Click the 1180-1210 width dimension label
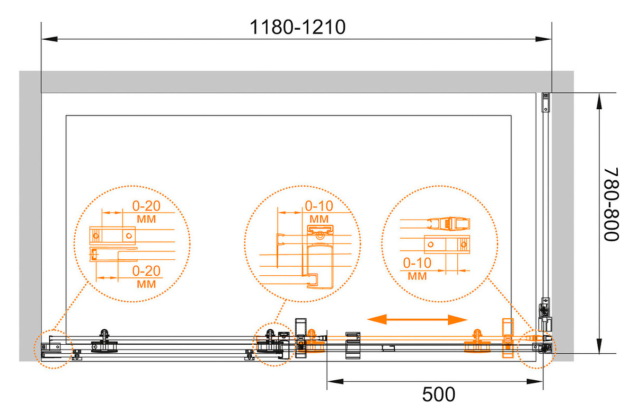click(297, 28)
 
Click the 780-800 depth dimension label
click(611, 205)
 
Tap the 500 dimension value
click(439, 395)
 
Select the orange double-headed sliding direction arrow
click(417, 319)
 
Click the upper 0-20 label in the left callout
click(146, 206)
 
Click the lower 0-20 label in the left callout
click(146, 271)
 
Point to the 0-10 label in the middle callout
click(319, 206)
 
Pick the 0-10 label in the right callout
click(417, 263)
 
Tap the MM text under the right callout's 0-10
click(417, 276)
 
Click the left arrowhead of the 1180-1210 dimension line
click(49, 39)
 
